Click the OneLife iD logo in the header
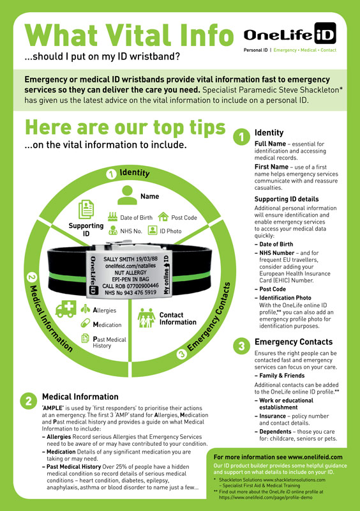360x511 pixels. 290,34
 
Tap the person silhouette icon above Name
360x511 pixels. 127,195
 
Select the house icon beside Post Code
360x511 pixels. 163,217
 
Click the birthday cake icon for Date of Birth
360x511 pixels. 113,217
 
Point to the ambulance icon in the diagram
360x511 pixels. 66,309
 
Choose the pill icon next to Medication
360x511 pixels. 86,323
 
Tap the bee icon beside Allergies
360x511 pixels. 86,309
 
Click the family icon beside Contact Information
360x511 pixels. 147,317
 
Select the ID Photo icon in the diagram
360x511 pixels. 153,231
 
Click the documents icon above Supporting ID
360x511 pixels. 86,210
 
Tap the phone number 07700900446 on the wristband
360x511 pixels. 140,286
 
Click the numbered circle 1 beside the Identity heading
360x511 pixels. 241,137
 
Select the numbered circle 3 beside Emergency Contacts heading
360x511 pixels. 241,346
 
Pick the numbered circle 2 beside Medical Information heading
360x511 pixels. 29,401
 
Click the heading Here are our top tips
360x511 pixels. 126,128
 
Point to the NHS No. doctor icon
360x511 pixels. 113,231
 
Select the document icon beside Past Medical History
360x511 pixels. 85,339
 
